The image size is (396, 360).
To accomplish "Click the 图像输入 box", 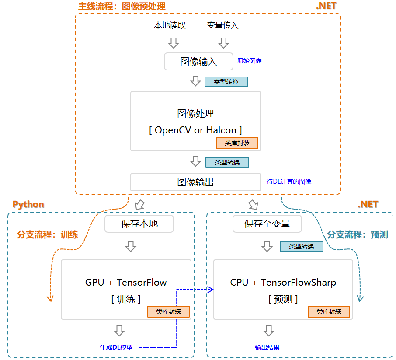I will (x=198, y=62).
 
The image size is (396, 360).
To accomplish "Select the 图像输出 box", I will (x=195, y=182).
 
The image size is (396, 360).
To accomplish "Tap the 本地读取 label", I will (x=170, y=25).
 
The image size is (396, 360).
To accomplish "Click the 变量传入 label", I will (x=222, y=25).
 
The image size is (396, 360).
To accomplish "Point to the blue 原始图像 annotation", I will (x=249, y=61).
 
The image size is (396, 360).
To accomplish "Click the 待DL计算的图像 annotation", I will (x=289, y=182).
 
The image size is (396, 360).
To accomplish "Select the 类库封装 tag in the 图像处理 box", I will (x=237, y=143).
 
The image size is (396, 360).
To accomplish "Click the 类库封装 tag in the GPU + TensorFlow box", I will (x=168, y=311).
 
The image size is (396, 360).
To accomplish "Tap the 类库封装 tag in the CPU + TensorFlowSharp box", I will (x=329, y=311).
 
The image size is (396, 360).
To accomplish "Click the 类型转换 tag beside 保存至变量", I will (x=301, y=246).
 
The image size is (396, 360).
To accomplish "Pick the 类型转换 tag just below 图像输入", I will (x=226, y=82).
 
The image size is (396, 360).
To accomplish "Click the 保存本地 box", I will (x=139, y=224).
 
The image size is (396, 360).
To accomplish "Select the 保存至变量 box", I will (x=267, y=224).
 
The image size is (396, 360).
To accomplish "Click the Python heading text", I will (x=28, y=204).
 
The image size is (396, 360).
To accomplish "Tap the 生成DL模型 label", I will (x=116, y=347).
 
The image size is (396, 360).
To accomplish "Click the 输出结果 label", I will (x=267, y=347).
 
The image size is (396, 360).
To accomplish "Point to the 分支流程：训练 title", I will (x=47, y=234).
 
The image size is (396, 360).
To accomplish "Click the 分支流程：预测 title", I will (x=358, y=234).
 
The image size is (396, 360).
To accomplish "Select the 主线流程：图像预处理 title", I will (x=122, y=7).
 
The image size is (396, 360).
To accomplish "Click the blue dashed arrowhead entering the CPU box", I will (x=210, y=289).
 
